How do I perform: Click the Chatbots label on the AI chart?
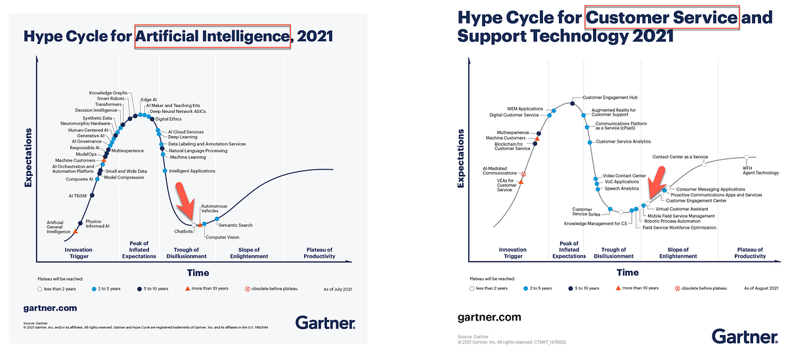[183, 231]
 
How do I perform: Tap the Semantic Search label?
[236, 225]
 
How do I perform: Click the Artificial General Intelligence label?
[55, 227]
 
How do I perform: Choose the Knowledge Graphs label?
[108, 93]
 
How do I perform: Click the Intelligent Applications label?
[192, 171]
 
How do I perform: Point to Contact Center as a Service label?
[680, 157]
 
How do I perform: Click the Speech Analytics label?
[621, 189]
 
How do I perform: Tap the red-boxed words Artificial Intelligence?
[213, 35]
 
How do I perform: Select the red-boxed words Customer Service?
[661, 18]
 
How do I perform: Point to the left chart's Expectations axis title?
[29, 158]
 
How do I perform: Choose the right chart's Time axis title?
[627, 272]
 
